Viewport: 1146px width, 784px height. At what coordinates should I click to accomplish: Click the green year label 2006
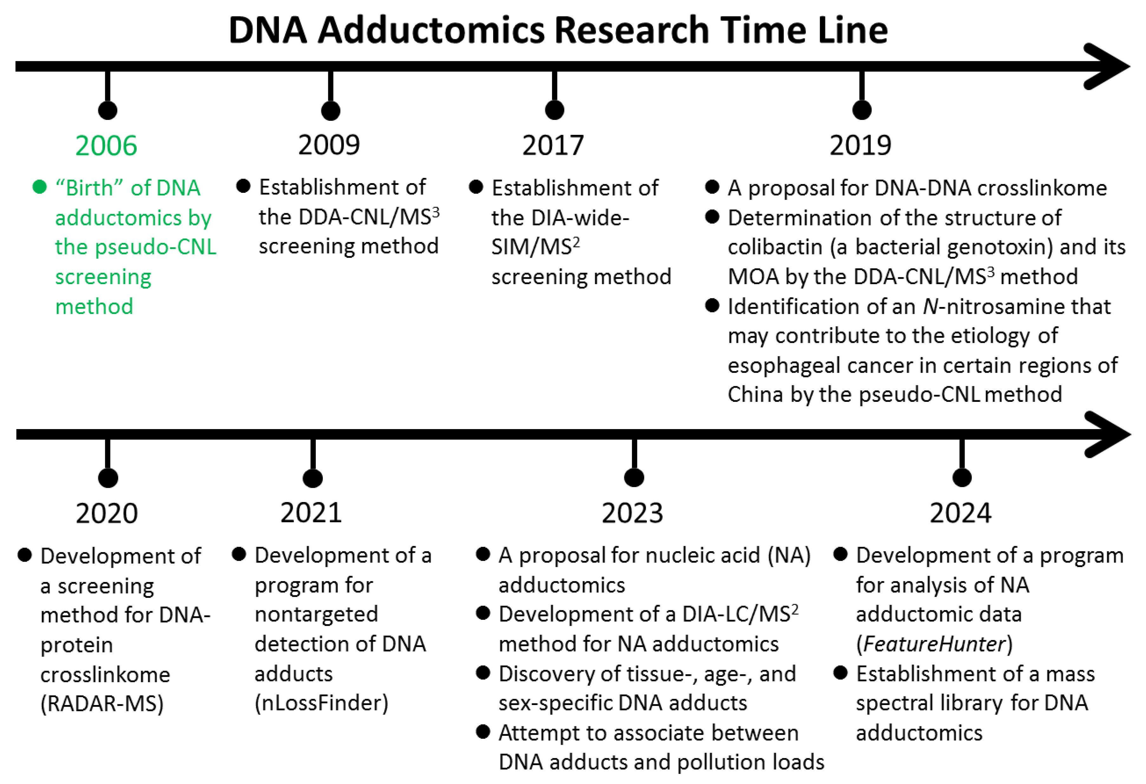(106, 146)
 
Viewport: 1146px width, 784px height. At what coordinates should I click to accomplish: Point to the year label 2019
(861, 146)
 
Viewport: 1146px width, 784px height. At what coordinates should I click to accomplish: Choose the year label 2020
(107, 513)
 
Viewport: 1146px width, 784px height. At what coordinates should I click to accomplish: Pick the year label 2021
(311, 513)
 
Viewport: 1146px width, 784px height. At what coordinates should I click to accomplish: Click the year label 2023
(632, 513)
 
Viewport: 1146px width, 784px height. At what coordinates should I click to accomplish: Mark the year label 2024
(960, 513)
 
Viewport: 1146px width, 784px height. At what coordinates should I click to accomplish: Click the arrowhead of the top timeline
(1110, 67)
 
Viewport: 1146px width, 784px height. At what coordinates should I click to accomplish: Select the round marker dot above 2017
(555, 110)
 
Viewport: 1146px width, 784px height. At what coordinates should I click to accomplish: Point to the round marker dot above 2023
(634, 477)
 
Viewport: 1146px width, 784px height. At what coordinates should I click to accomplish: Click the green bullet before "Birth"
(39, 187)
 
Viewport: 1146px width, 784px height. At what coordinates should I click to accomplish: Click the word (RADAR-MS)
(102, 704)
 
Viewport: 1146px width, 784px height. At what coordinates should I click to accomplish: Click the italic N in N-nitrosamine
(930, 307)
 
